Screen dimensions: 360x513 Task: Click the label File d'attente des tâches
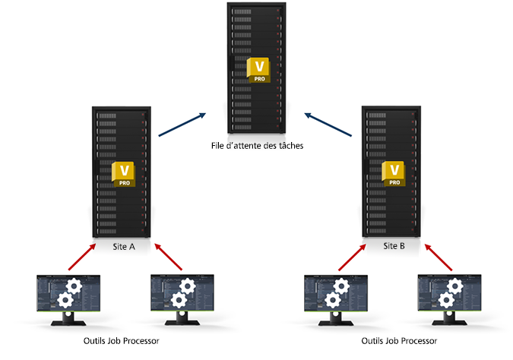pos(258,147)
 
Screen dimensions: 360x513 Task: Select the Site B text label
pos(394,246)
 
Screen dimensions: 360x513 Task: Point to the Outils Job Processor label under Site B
pos(394,341)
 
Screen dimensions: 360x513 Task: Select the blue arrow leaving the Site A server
pos(182,125)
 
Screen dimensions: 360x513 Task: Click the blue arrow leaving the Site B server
pos(330,125)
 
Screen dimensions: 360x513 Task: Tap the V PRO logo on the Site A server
pos(123,174)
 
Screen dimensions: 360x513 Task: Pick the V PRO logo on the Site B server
pos(394,174)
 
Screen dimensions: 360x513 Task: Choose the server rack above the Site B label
pos(393,171)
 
